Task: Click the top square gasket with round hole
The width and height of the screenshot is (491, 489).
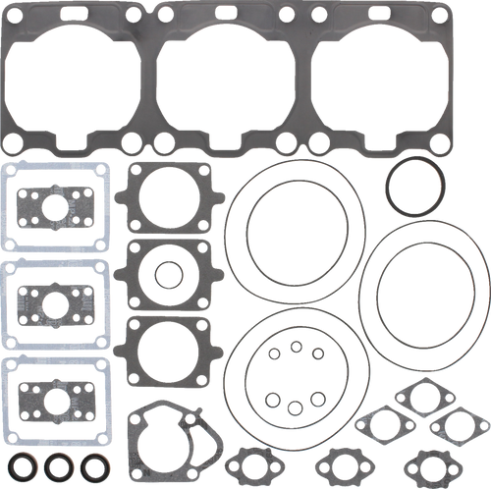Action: tap(168, 196)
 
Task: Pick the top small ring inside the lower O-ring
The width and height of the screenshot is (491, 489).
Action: tap(294, 346)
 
